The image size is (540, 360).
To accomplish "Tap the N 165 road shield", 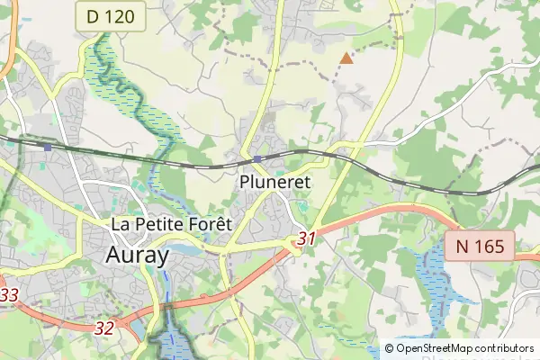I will coord(479,245).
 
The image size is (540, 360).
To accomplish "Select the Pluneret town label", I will coord(275,181).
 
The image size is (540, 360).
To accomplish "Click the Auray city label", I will coord(137,255).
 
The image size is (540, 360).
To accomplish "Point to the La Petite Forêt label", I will coord(171,223).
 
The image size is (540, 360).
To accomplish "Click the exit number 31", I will coord(307,239).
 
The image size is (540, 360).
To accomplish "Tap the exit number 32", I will coord(104,328).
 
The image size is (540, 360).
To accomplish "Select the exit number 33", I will coord(9,295).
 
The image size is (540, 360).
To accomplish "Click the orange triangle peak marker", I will coord(346,58).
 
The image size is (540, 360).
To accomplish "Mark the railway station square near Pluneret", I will coord(257,159).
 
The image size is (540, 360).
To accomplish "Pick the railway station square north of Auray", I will coord(47,147).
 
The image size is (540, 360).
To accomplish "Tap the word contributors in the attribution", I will coord(504,348).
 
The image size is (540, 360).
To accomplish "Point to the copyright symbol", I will coord(389,348).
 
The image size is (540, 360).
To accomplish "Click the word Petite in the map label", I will coord(160,223).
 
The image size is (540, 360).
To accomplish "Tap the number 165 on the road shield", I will coord(489,245).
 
